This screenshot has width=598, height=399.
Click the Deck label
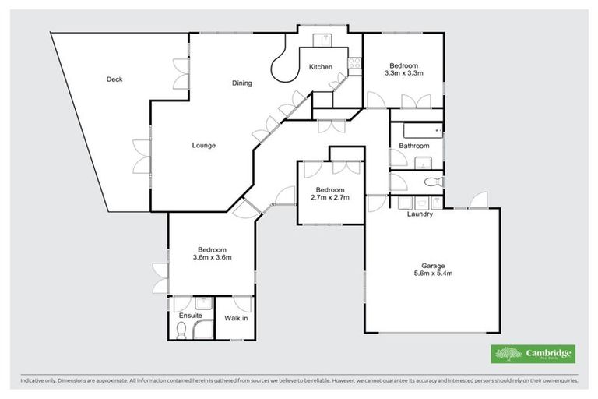click(x=114, y=79)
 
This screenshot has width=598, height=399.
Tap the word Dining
click(x=241, y=83)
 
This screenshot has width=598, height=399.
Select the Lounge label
click(x=204, y=146)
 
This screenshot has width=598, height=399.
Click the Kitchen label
click(x=321, y=67)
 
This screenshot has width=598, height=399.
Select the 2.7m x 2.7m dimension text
click(x=330, y=197)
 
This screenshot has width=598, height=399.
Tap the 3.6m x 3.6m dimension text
click(x=213, y=257)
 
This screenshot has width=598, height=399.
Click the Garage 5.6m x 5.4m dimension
click(x=433, y=274)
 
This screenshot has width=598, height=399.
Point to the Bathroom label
click(x=413, y=146)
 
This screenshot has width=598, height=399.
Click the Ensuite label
click(x=191, y=316)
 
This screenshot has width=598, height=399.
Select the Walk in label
click(x=236, y=318)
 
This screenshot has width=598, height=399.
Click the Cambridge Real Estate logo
click(x=533, y=354)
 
